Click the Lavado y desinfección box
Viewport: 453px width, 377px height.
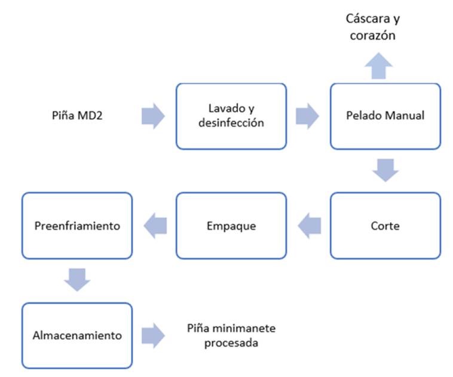231,116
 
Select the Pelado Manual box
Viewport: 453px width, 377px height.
385,116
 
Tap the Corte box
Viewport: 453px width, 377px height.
385,226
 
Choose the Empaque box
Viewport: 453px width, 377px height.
231,226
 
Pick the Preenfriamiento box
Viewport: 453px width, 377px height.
76,226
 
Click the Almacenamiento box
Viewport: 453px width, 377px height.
76,335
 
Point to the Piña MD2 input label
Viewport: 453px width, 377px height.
78,116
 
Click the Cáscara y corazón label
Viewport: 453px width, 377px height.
373,27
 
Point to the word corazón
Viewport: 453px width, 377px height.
373,35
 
